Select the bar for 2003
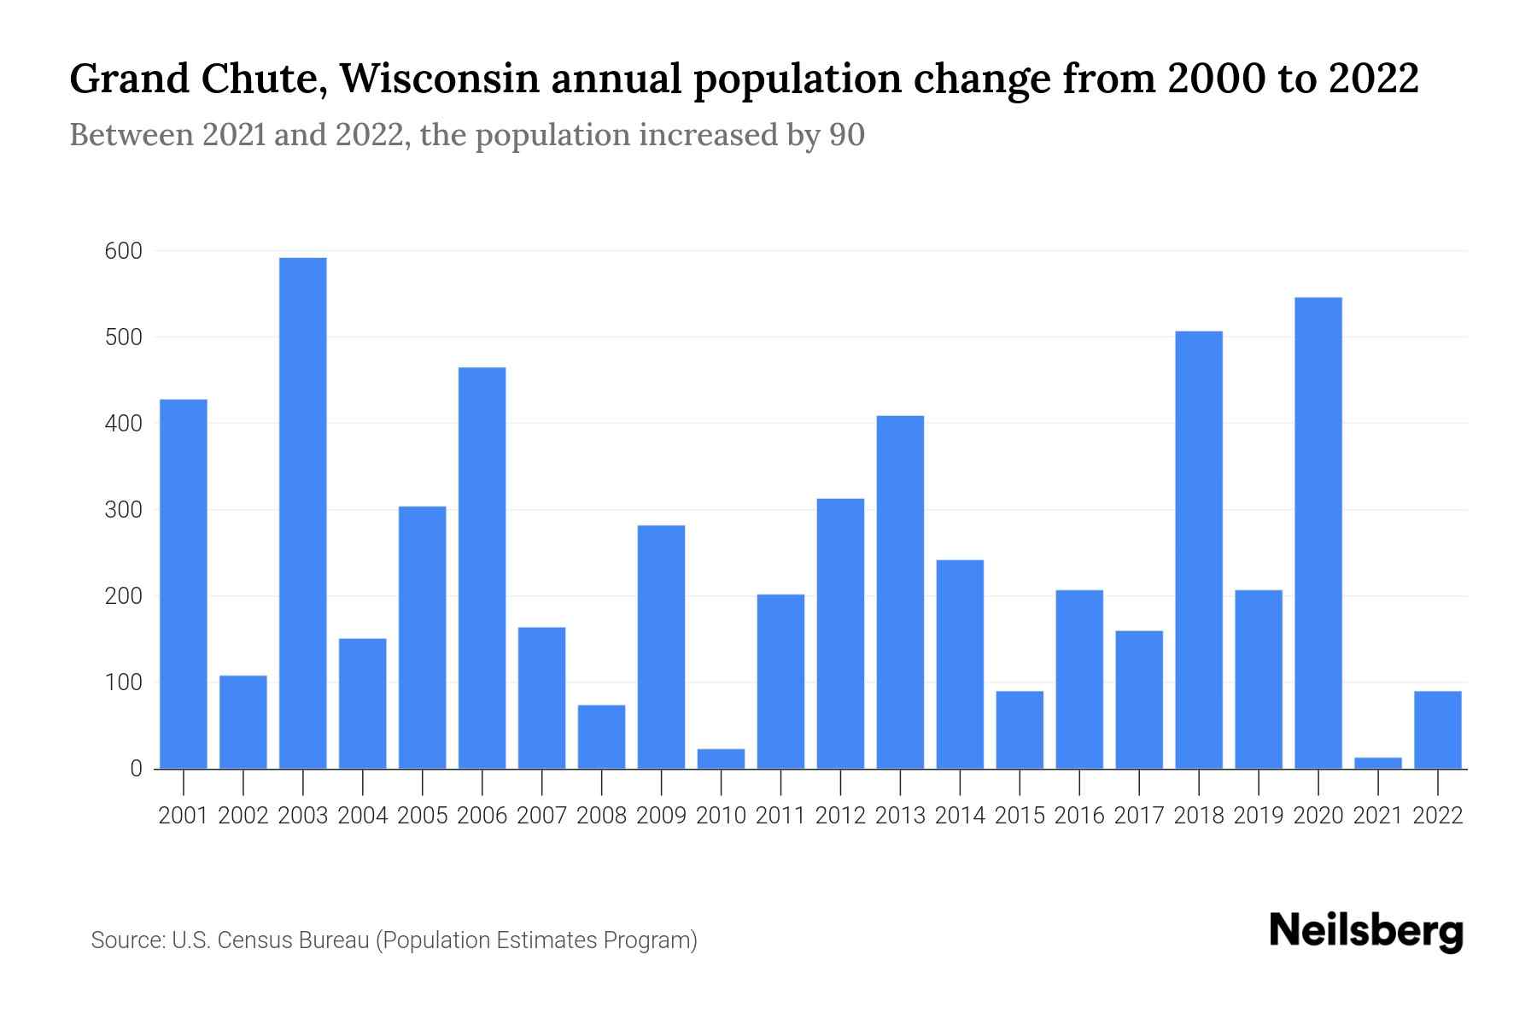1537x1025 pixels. coord(303,512)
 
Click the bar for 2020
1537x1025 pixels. coord(1318,533)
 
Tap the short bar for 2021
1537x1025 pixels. coord(1377,763)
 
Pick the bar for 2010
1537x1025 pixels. coord(721,758)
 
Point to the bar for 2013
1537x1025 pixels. coord(900,592)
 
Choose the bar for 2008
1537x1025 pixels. coord(601,736)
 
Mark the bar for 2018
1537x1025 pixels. coord(1199,549)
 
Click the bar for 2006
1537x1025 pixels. coord(482,568)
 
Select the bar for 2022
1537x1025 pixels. coord(1437,729)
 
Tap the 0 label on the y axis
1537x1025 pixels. coord(136,769)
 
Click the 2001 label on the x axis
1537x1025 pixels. coord(184,816)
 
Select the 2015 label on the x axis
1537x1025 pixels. coord(1020,816)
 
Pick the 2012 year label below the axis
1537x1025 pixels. coord(840,816)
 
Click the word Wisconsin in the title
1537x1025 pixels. coord(441,79)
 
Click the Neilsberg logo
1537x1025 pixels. coord(1365,931)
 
